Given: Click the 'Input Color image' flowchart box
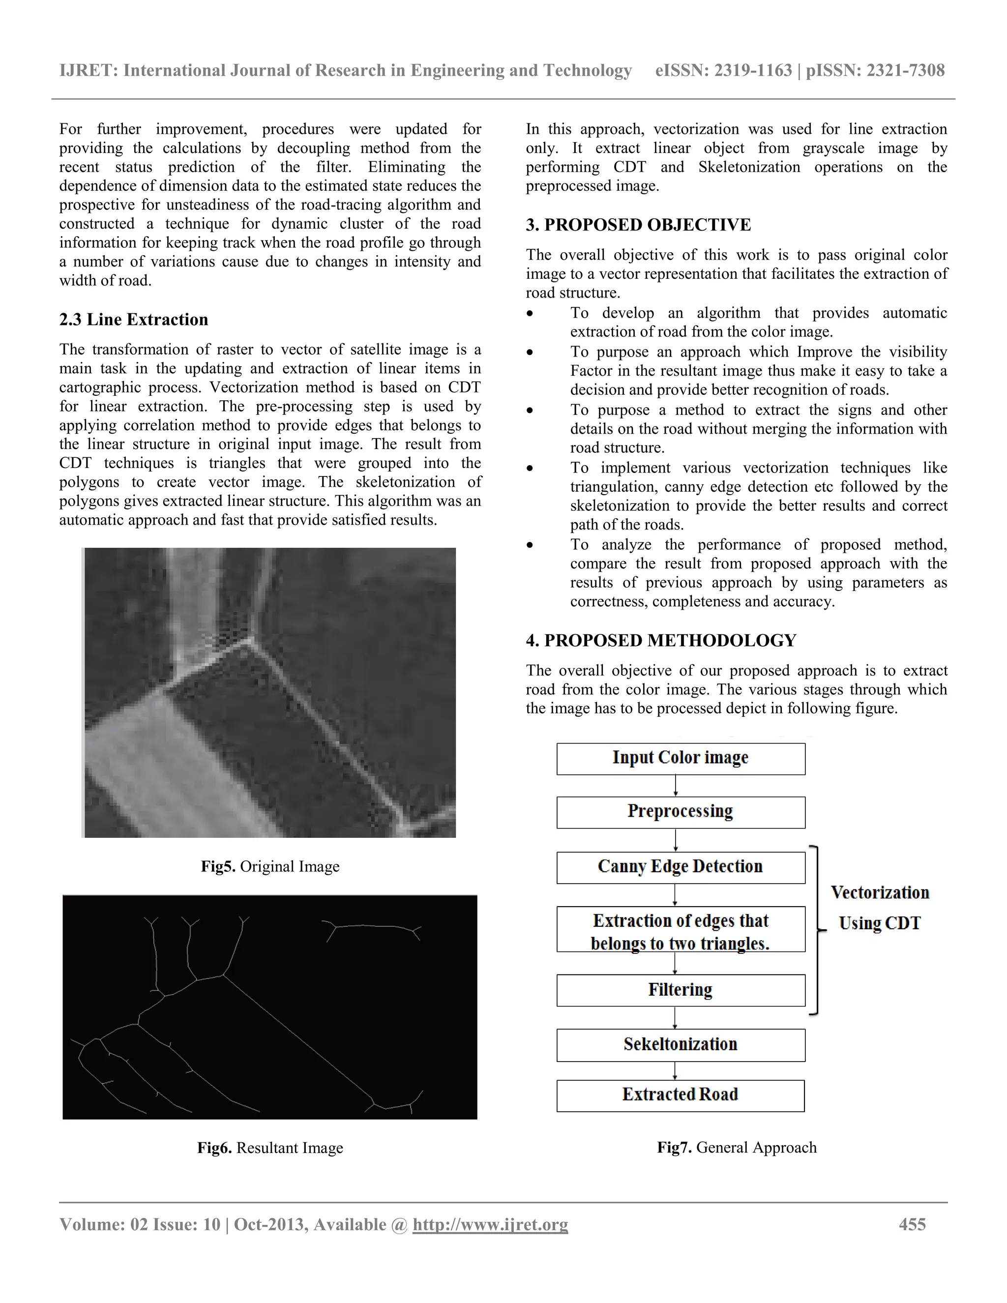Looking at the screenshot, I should click(680, 758).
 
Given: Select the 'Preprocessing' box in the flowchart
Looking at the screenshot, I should click(680, 812).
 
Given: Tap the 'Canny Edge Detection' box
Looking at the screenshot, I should click(680, 867).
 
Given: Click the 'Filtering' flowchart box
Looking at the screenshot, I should click(680, 990).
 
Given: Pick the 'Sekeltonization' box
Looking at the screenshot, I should click(680, 1045).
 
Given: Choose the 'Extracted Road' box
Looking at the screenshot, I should click(680, 1096).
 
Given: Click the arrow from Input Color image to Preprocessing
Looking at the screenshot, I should click(675, 786).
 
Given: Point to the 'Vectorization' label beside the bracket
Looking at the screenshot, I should click(880, 892).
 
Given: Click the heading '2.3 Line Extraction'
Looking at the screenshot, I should click(134, 320).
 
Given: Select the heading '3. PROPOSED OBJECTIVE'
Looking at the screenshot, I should click(638, 225).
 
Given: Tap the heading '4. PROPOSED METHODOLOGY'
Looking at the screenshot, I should click(661, 641).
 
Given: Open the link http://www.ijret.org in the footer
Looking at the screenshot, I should click(490, 1225).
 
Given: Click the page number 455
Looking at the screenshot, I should click(912, 1225).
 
